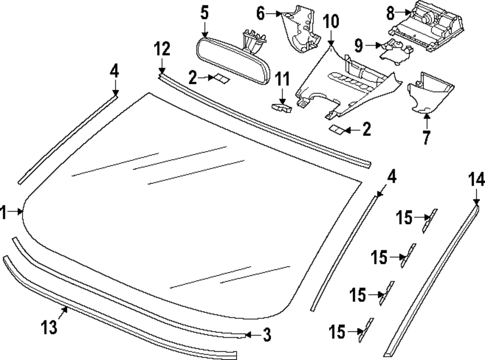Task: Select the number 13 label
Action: point(49,327)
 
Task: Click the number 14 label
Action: point(476,180)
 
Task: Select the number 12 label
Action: point(162,49)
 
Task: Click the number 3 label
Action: point(266,334)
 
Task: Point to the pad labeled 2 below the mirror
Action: point(223,78)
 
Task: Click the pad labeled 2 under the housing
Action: point(337,129)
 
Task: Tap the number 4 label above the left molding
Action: point(114,71)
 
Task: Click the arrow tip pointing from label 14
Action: point(476,203)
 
